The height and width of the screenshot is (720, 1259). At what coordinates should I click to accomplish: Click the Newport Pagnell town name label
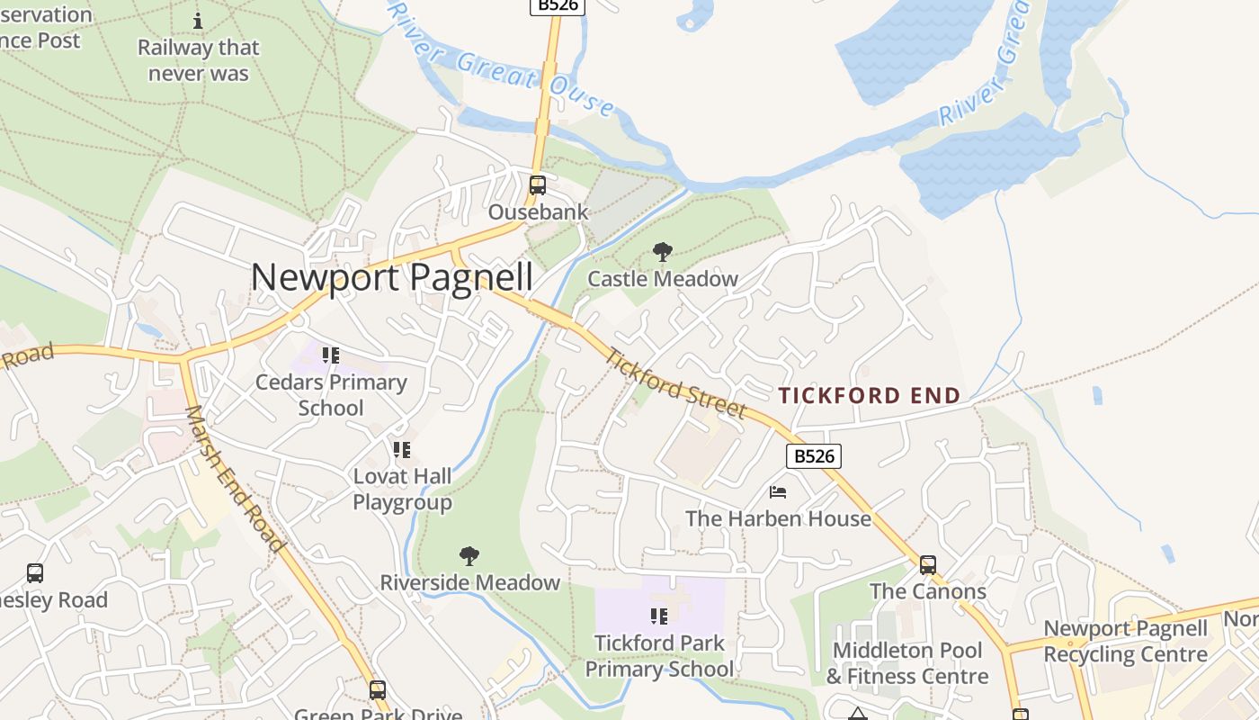click(x=392, y=277)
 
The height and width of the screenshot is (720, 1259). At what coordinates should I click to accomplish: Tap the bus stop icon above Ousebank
click(x=538, y=185)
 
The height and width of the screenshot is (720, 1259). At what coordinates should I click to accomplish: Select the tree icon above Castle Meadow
click(x=663, y=252)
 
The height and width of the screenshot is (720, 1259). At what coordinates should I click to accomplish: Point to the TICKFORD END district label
click(x=870, y=395)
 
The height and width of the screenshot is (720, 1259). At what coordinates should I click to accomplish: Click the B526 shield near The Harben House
click(x=815, y=456)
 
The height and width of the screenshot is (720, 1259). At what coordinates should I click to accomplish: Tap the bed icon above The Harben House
click(x=778, y=492)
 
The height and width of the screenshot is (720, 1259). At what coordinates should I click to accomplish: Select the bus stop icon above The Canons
click(x=928, y=565)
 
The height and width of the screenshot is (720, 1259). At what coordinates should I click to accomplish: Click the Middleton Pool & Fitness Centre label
click(x=906, y=663)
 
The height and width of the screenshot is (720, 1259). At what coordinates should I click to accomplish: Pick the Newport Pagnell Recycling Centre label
click(x=1125, y=642)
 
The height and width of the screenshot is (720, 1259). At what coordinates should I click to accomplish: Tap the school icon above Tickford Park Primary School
click(x=659, y=616)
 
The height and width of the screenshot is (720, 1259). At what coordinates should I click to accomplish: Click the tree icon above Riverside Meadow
click(x=469, y=556)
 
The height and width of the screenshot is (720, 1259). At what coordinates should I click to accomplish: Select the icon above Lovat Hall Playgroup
click(x=402, y=449)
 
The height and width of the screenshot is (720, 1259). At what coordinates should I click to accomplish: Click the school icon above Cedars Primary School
click(x=331, y=355)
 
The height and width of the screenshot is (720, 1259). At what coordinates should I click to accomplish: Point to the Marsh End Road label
click(x=235, y=479)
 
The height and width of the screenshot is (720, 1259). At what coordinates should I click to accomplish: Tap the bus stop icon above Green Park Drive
click(x=378, y=690)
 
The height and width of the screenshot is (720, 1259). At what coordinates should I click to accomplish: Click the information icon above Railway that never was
click(x=199, y=21)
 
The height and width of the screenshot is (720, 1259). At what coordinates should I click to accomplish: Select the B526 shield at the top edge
click(x=557, y=5)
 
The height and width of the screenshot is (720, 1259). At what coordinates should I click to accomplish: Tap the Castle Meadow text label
click(x=663, y=279)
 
